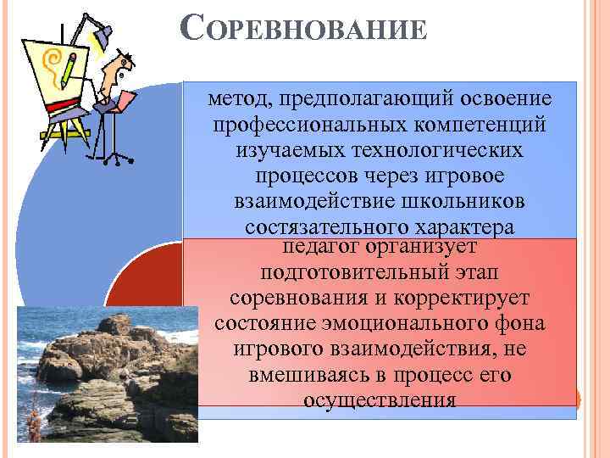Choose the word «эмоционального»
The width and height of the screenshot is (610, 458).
[x=407, y=325]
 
